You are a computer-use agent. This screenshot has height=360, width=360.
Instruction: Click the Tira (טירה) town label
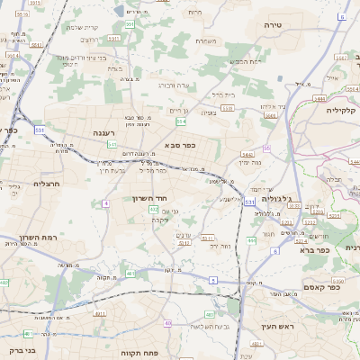[x=274, y=25]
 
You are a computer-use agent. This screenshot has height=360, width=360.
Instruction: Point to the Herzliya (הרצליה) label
[x=21, y=183]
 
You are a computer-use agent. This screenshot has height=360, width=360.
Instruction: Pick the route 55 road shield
[x=267, y=148]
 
